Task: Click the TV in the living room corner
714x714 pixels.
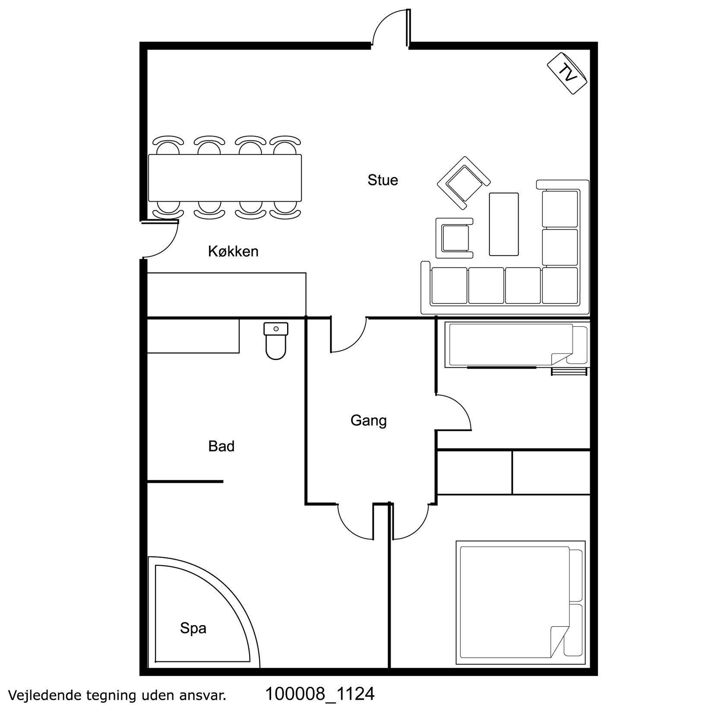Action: (567, 73)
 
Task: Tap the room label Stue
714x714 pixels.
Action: (382, 180)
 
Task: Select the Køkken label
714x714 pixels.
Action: (233, 251)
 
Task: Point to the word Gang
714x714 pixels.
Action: (368, 420)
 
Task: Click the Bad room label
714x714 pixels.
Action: (221, 446)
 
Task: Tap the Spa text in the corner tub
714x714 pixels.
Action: (193, 629)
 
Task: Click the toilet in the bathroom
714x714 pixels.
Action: (276, 341)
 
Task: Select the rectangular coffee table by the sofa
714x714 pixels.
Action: (503, 224)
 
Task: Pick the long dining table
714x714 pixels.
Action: (224, 177)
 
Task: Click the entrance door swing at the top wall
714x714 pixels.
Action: (390, 26)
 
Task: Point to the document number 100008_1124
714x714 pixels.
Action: (319, 694)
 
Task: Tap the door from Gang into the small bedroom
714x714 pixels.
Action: (453, 412)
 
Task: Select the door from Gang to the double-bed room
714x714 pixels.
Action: (410, 521)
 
